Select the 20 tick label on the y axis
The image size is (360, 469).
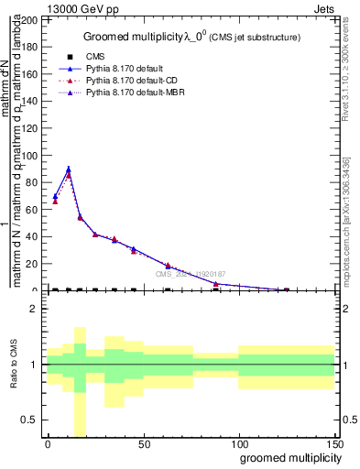(32, 264)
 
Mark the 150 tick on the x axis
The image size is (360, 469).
(335, 444)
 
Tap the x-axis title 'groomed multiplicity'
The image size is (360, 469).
(287, 457)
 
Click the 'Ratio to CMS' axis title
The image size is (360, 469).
(14, 365)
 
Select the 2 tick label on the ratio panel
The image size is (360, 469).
(34, 309)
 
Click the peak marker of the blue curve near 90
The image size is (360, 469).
(68, 169)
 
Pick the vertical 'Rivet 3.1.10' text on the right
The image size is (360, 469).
(353, 110)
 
